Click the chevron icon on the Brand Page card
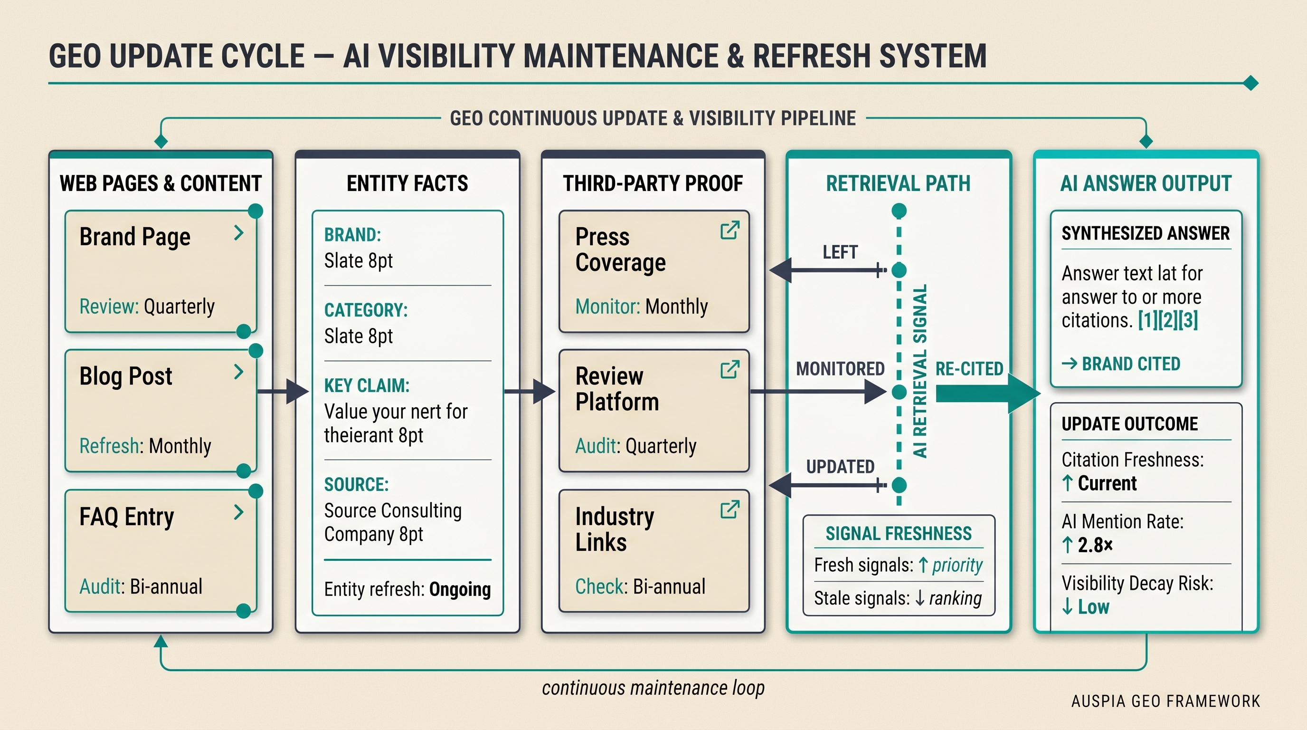tap(238, 233)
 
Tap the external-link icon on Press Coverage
tap(729, 230)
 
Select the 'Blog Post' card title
tap(126, 376)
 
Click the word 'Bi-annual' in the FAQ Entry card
tap(166, 586)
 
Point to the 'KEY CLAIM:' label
tap(367, 385)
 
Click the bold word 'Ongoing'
tap(460, 589)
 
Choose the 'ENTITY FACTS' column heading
tap(407, 183)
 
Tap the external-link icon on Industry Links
tap(729, 509)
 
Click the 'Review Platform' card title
tap(617, 389)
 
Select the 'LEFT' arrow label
tap(840, 252)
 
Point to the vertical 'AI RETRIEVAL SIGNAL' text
tap(920, 371)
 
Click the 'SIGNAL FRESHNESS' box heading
tap(899, 534)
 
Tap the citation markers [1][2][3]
tap(1167, 320)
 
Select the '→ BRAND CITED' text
tap(1121, 364)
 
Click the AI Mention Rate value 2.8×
tap(1095, 545)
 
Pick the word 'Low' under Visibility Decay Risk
tap(1093, 607)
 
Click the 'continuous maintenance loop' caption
tap(653, 688)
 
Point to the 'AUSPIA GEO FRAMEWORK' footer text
tap(1165, 701)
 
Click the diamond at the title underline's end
tap(1251, 83)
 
